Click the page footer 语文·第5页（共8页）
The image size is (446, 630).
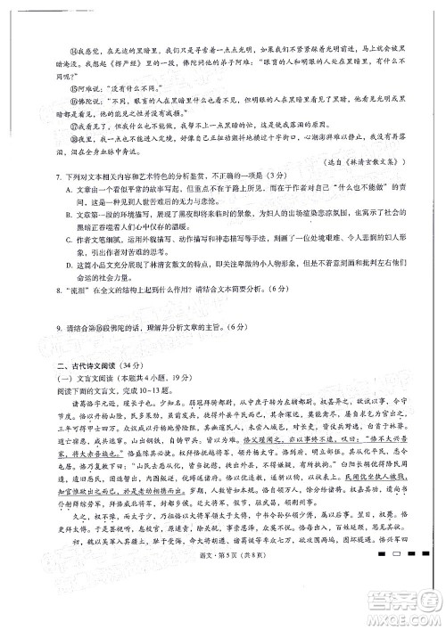(x=225, y=606)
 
